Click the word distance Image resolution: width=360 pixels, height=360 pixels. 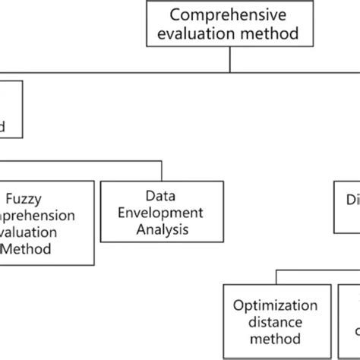tap(276, 322)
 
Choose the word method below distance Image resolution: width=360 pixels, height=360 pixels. tap(276, 339)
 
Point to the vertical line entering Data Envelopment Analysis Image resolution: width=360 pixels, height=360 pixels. tap(161, 170)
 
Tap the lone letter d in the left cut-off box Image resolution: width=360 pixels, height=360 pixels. tap(3, 126)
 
